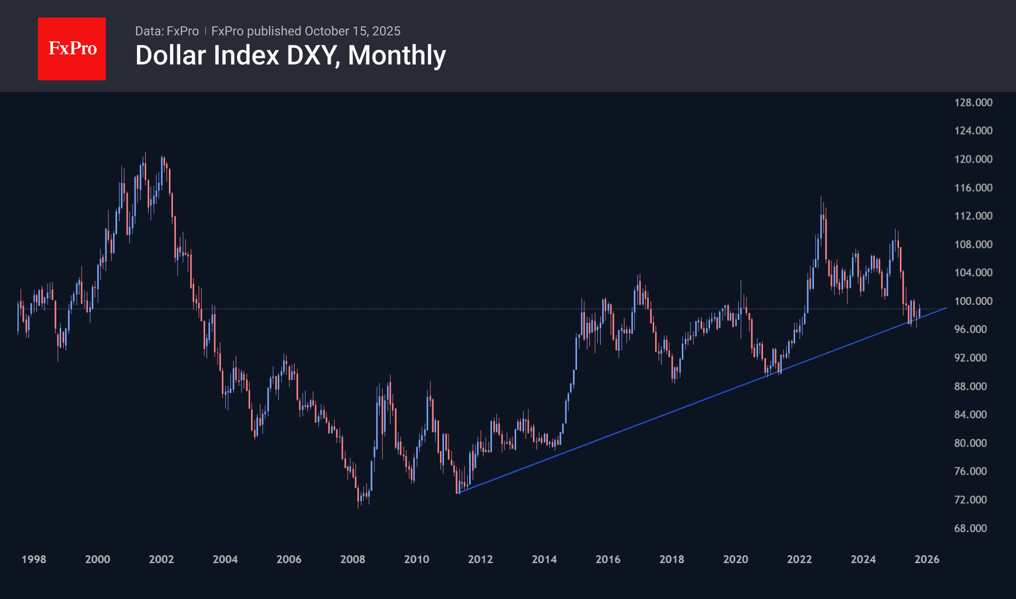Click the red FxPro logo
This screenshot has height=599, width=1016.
point(72,49)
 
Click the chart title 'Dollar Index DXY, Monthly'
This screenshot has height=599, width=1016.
point(290,55)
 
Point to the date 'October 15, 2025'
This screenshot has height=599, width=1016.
point(353,31)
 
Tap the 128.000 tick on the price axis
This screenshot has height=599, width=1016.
point(973,102)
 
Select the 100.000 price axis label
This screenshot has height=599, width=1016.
point(973,301)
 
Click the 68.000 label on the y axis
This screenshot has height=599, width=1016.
point(970,528)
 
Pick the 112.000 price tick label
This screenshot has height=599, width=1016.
point(973,216)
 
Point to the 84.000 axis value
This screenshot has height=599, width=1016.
point(970,415)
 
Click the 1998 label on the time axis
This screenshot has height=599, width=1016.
point(34,559)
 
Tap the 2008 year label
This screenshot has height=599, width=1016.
point(353,559)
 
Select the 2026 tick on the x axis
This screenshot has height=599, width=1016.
point(927,559)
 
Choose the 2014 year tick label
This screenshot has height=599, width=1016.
point(544,559)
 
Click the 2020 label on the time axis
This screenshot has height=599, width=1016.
point(735,559)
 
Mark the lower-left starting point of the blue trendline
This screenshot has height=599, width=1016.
point(457,493)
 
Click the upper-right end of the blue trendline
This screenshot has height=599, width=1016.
point(947,308)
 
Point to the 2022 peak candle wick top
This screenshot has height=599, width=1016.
point(821,196)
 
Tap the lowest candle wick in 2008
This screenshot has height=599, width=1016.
point(358,508)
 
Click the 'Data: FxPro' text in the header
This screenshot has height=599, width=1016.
point(167,31)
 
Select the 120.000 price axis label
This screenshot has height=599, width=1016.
point(973,159)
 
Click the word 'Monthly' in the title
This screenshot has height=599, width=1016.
point(397,55)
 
